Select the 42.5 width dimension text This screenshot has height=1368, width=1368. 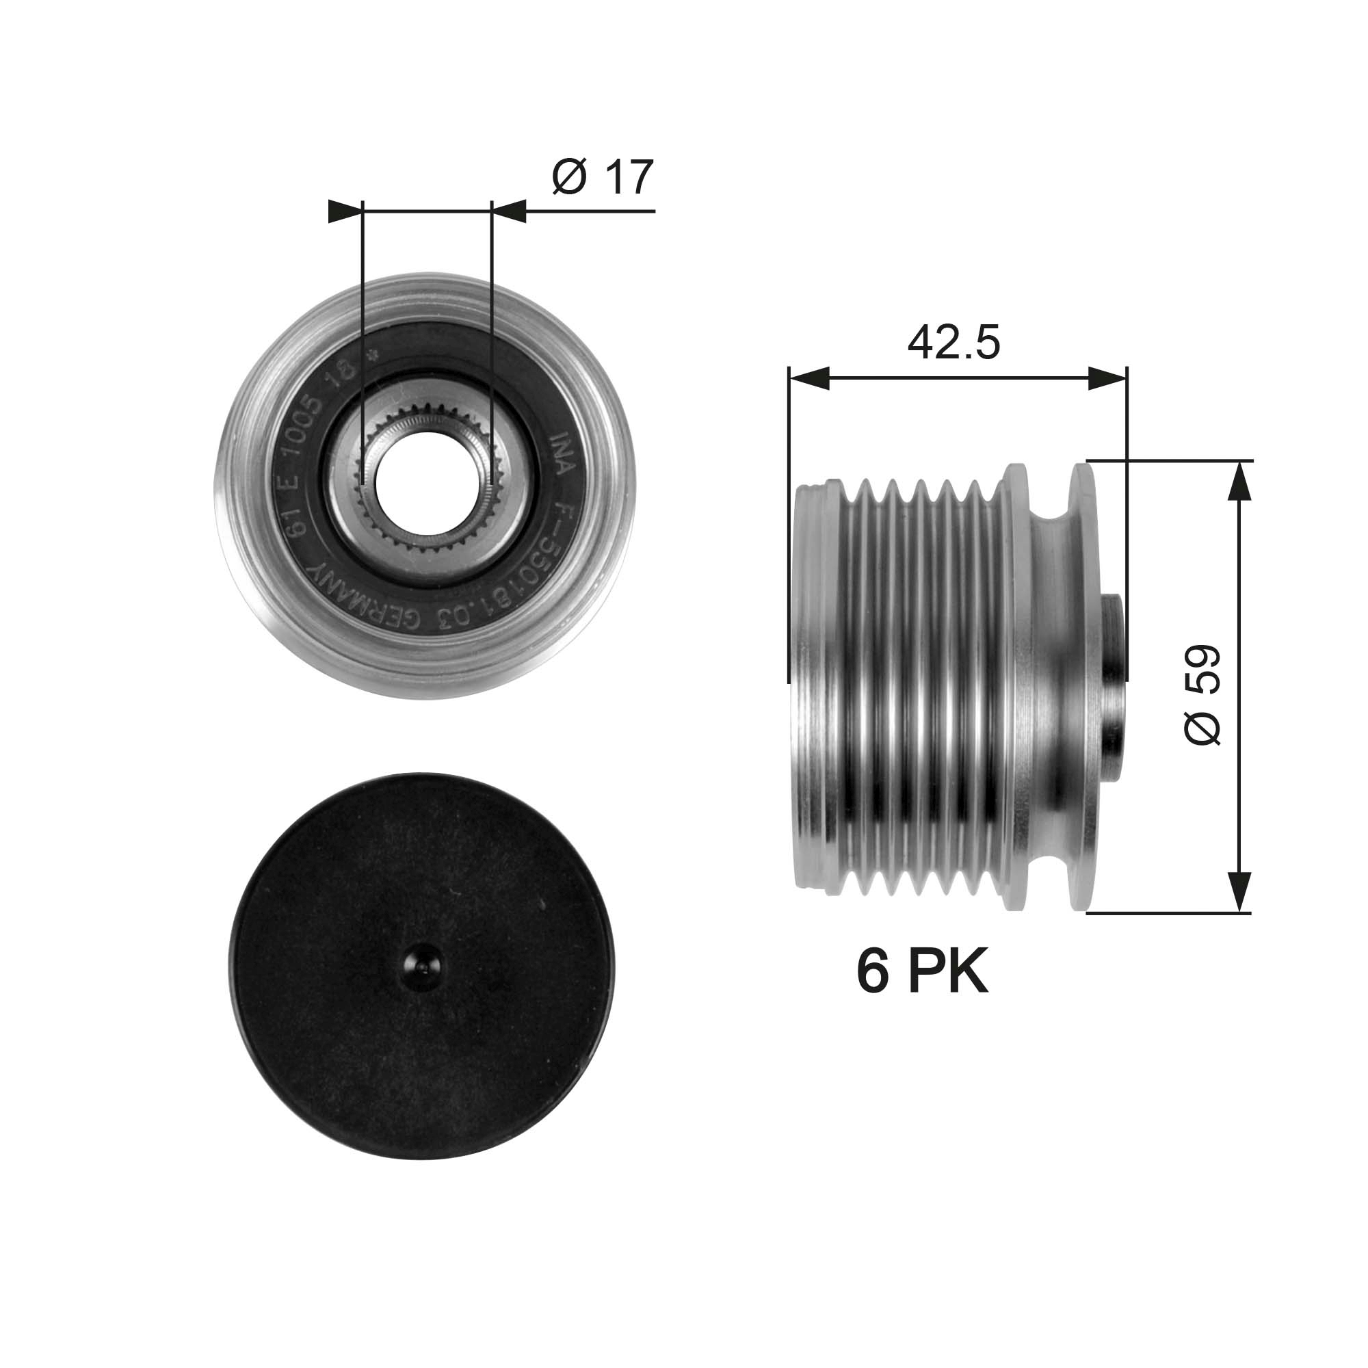tap(953, 343)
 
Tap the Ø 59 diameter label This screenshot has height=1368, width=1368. tap(1202, 694)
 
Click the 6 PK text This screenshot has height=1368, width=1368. tap(922, 973)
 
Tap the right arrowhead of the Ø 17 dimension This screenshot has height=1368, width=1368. tap(510, 211)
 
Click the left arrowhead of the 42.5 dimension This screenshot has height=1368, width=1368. tap(807, 378)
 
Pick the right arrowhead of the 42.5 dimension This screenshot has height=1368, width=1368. tap(1107, 378)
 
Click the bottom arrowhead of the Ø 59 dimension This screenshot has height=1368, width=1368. tap(1238, 892)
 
